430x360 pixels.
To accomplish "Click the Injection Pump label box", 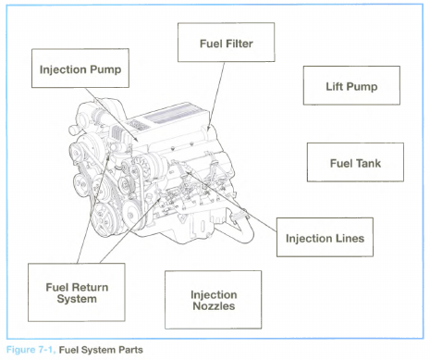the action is point(80,68).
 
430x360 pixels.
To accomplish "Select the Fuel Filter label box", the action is point(227,43).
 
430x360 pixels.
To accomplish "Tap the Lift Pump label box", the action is point(351,85).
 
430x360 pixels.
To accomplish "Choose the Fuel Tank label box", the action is point(355,162).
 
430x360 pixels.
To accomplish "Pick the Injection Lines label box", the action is point(325,237).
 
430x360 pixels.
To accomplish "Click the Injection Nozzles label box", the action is point(214,300).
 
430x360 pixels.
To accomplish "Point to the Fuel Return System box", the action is point(77,292).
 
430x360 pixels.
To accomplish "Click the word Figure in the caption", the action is point(21,350).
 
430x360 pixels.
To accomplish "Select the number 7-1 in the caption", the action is point(46,350).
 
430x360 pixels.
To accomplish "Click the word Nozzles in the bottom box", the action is point(214,306).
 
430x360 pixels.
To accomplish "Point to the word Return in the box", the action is point(90,287).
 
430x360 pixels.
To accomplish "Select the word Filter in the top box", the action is point(240,43).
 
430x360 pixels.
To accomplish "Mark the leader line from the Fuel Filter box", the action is point(216,96).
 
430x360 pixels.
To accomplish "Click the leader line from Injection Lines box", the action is point(232,202).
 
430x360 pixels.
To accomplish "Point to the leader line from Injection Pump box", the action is point(113,115).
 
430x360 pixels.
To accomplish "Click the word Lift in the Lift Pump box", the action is point(334,87).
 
